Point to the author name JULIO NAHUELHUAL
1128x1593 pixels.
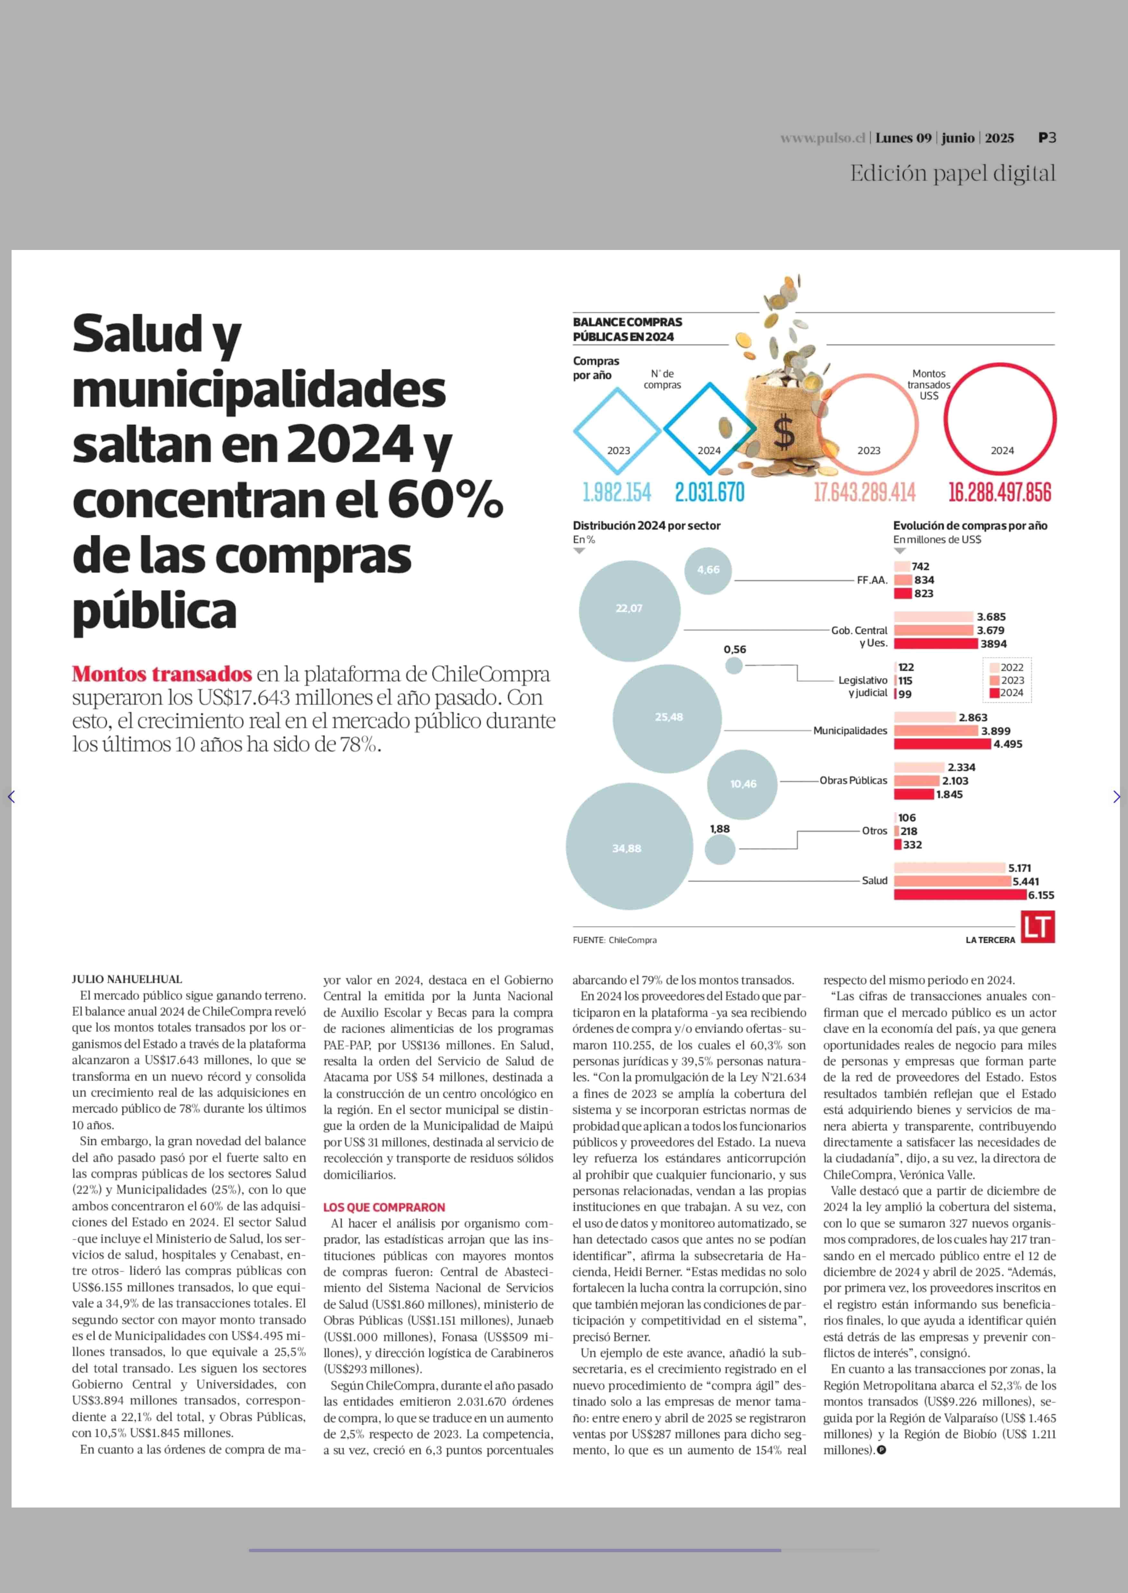tap(127, 979)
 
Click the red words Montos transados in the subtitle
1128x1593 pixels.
tap(162, 674)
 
